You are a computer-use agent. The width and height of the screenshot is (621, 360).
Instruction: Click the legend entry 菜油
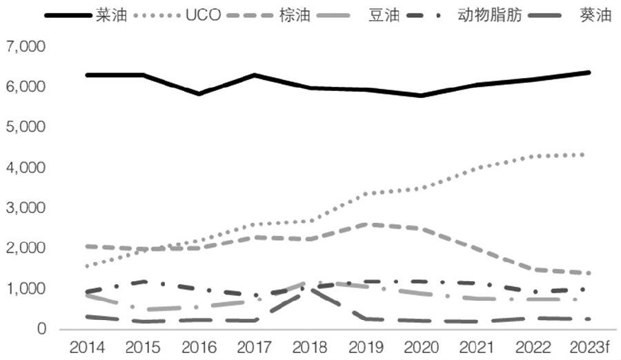112,14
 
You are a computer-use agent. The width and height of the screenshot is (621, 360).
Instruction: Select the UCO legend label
204,14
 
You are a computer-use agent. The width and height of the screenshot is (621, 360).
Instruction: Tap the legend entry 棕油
295,14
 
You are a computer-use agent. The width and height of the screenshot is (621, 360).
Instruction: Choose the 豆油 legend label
384,14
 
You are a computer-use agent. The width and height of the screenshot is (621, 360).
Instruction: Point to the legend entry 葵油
597,14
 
